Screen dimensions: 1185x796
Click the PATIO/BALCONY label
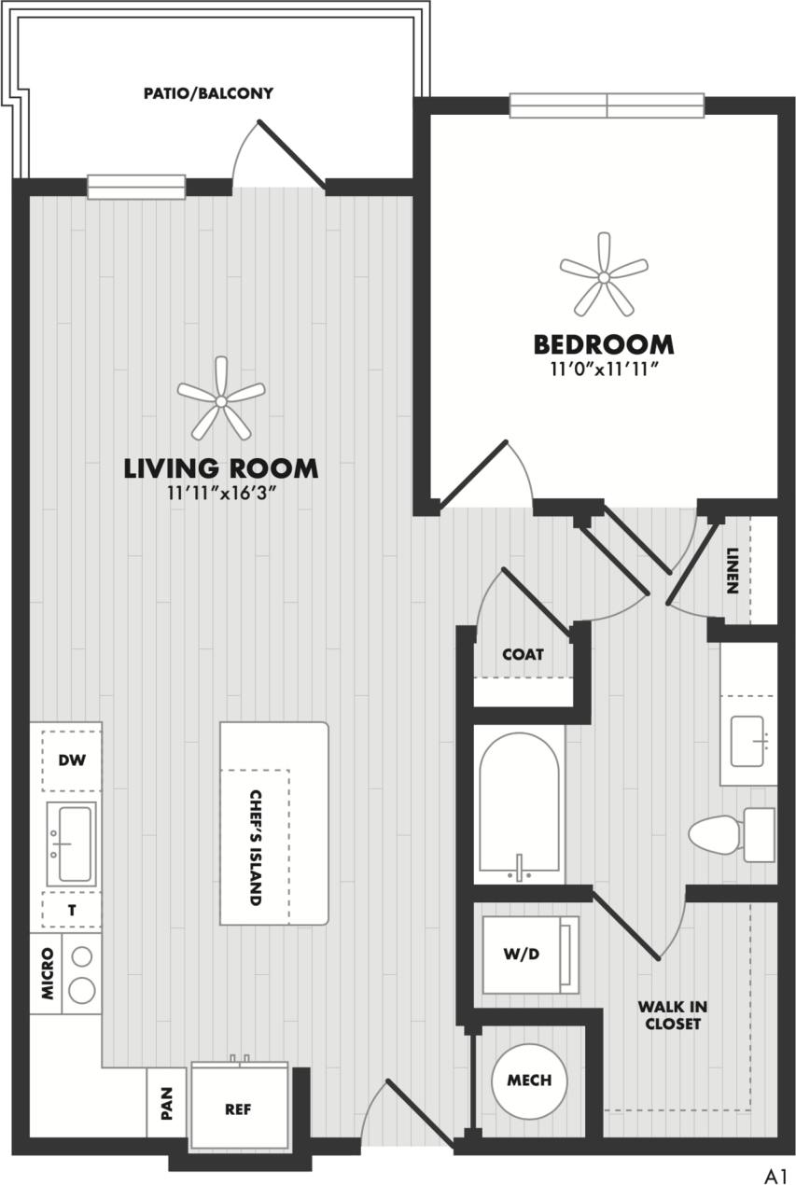point(208,93)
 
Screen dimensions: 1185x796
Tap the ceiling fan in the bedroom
point(604,276)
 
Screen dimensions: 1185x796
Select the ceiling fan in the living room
point(221,400)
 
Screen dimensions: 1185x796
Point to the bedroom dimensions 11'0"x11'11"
point(604,369)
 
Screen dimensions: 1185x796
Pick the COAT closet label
point(523,655)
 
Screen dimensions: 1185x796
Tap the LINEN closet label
point(733,570)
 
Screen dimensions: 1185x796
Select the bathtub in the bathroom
point(519,804)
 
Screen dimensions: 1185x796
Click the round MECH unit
point(529,1080)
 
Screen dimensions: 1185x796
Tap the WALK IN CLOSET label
point(672,1015)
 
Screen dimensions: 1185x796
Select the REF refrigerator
point(239,1109)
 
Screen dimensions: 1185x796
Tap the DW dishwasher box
point(72,760)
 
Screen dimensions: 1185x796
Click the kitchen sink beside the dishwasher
point(72,843)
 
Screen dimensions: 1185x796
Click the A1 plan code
point(776,1173)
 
